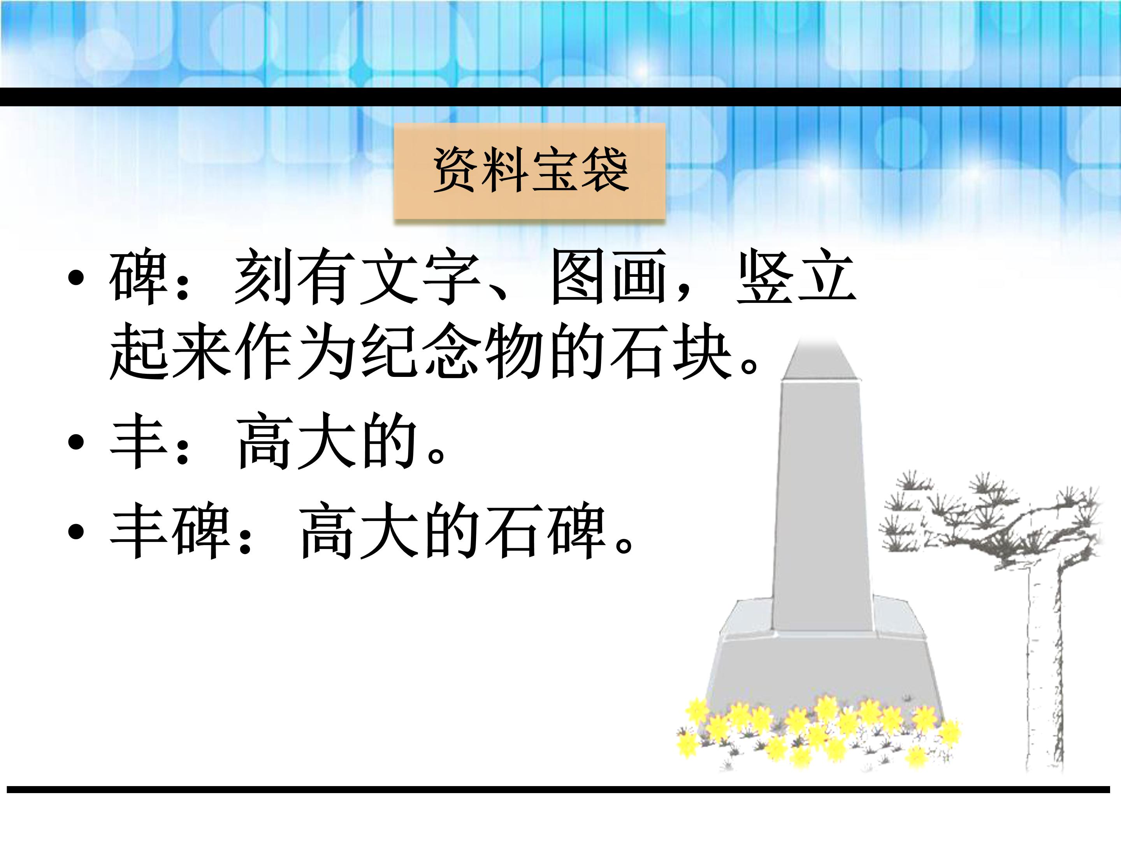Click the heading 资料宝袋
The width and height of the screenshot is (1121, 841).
pyautogui.click(x=530, y=171)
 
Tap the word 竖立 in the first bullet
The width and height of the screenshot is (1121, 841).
pyautogui.click(x=796, y=277)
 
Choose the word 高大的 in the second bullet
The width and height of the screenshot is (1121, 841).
pyautogui.click(x=327, y=442)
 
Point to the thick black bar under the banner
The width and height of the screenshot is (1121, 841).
pyautogui.click(x=560, y=97)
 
